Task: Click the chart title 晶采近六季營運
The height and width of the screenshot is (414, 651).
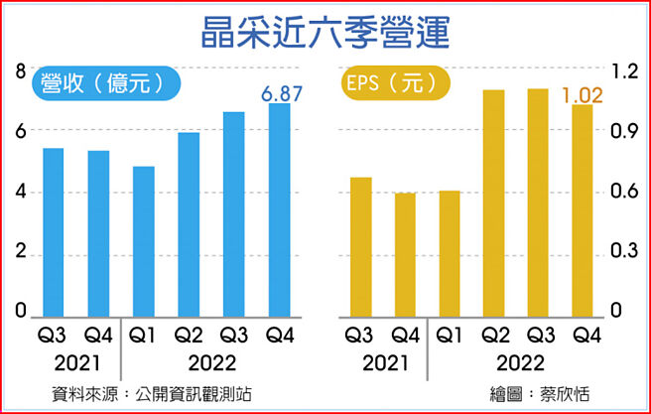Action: (325, 31)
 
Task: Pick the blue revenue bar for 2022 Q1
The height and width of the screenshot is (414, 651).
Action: (143, 240)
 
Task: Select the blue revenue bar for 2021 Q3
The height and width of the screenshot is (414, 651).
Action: (53, 231)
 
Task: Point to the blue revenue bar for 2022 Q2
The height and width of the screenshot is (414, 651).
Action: (189, 223)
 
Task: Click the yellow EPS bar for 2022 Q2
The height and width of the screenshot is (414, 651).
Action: (493, 203)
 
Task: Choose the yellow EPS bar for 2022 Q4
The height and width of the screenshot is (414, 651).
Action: (582, 210)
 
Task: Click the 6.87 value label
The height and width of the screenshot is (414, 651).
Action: (280, 94)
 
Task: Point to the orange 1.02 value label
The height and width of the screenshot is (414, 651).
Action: (583, 96)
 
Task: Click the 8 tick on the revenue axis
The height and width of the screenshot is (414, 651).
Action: (20, 70)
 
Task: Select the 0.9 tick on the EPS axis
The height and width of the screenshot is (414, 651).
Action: (622, 131)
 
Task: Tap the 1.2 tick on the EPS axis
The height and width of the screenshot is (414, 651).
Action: (622, 71)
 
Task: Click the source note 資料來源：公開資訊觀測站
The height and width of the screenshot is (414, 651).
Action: (153, 394)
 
